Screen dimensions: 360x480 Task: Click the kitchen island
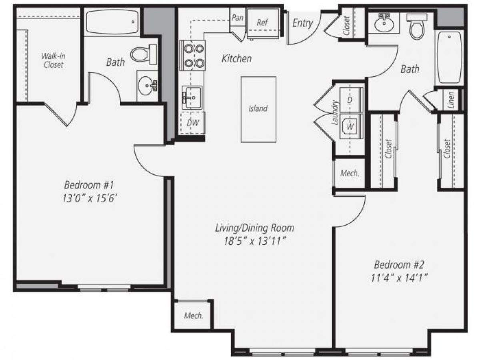click(x=258, y=109)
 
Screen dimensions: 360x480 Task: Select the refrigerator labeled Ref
click(x=262, y=23)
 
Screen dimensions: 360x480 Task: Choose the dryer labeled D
click(x=351, y=100)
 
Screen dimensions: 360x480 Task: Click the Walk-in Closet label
click(x=53, y=60)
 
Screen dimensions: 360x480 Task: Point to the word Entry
click(x=302, y=23)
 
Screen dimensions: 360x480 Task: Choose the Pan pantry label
click(x=238, y=18)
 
